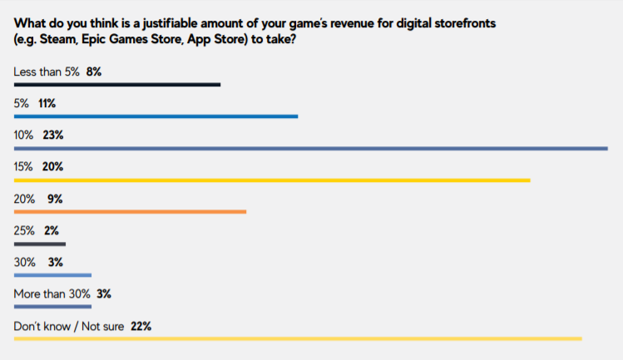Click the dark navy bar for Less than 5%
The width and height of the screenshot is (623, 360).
point(116,84)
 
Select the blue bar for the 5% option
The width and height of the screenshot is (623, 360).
point(156,116)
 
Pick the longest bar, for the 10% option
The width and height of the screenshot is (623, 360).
point(310,148)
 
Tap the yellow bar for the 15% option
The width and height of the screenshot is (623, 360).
point(272,180)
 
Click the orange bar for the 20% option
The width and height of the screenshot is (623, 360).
point(130,212)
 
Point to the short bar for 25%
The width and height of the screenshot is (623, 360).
point(39,244)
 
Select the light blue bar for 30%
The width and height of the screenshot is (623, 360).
point(52,275)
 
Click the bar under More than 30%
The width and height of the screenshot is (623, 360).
point(52,307)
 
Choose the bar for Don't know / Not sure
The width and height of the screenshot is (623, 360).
point(298,338)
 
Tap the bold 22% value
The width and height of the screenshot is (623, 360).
point(140,326)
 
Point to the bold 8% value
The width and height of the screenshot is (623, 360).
point(93,72)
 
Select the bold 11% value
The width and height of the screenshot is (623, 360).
point(46,104)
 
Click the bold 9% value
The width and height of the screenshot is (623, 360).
point(56,199)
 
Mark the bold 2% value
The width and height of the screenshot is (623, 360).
point(51,230)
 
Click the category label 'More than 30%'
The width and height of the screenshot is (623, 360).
point(51,294)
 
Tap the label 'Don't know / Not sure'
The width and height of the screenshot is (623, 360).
point(68,326)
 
